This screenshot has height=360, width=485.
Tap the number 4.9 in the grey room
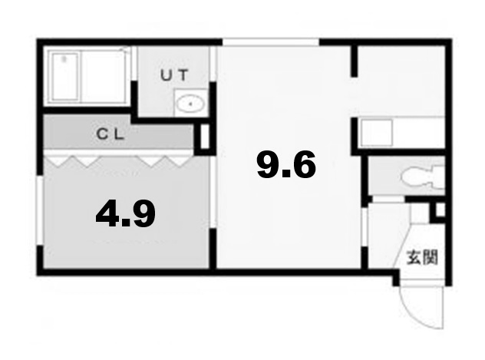126,214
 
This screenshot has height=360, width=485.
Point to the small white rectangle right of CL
205,137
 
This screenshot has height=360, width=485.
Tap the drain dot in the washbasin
190,103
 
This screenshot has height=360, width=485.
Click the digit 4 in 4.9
108,214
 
